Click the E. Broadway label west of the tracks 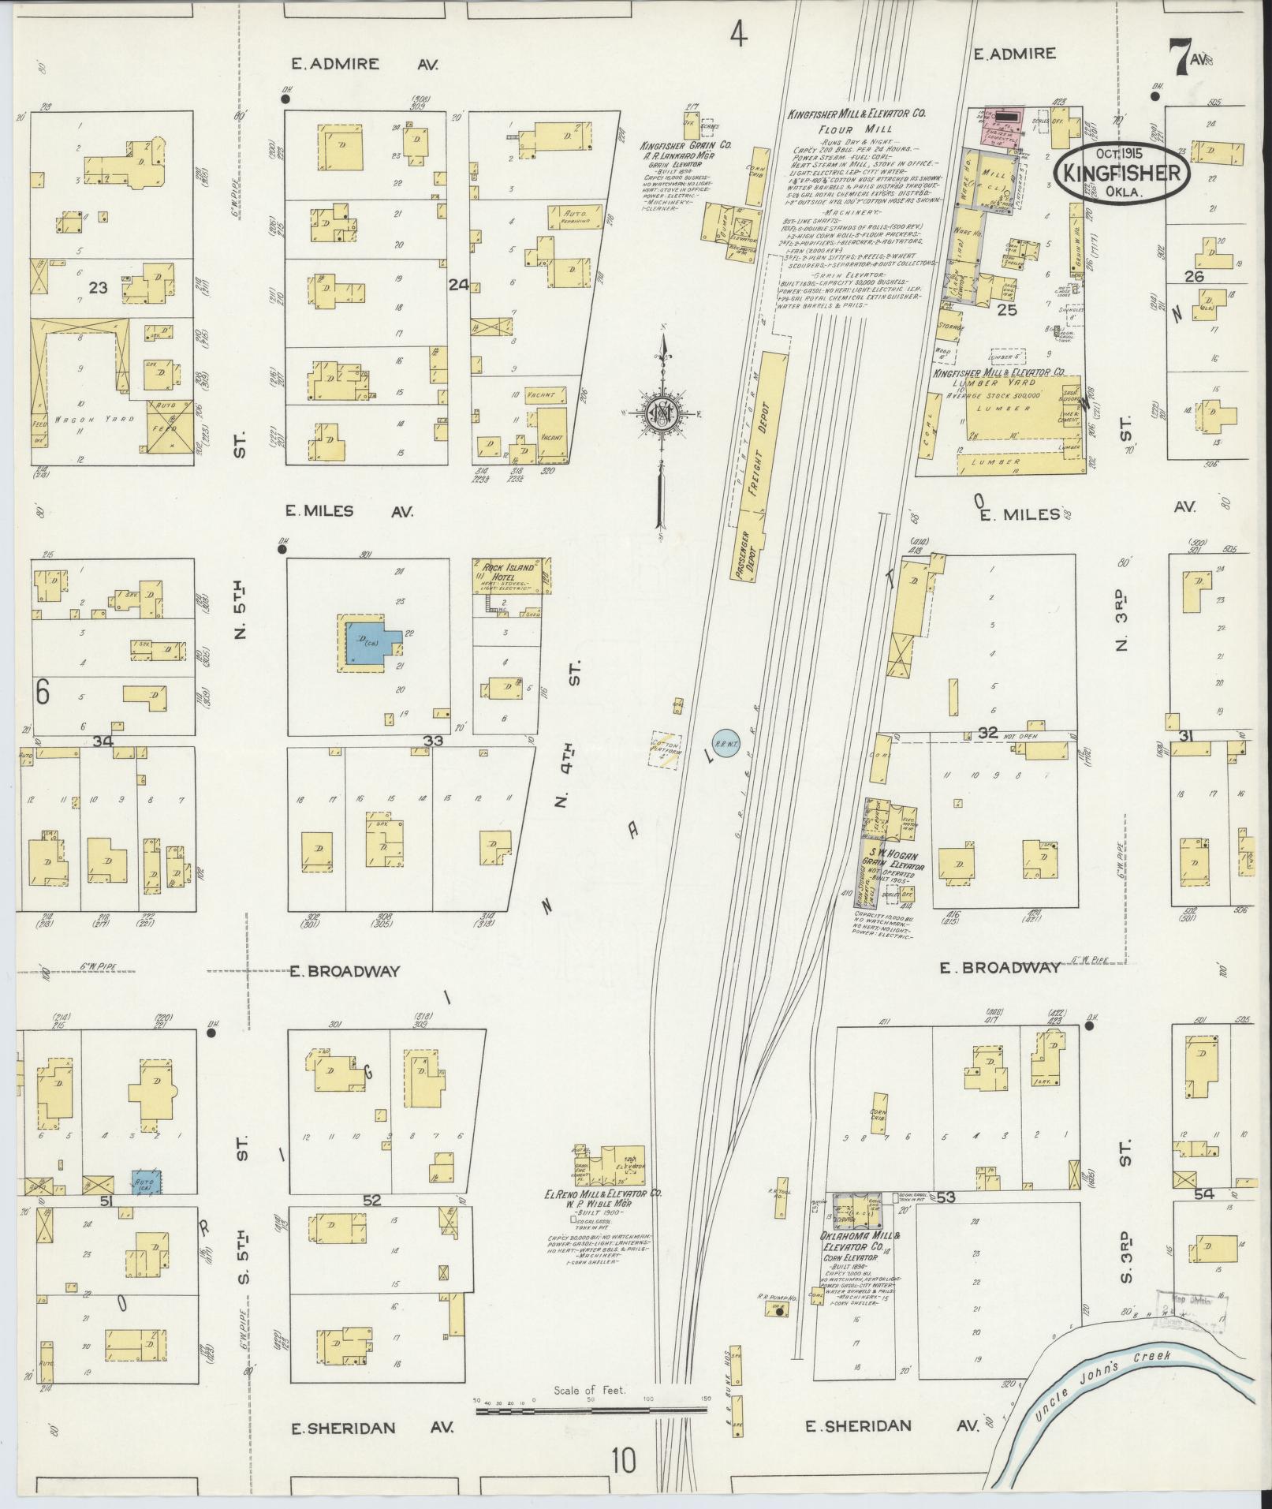click(344, 971)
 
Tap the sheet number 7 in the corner click(1180, 60)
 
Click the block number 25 click(1006, 310)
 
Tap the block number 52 click(372, 1200)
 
